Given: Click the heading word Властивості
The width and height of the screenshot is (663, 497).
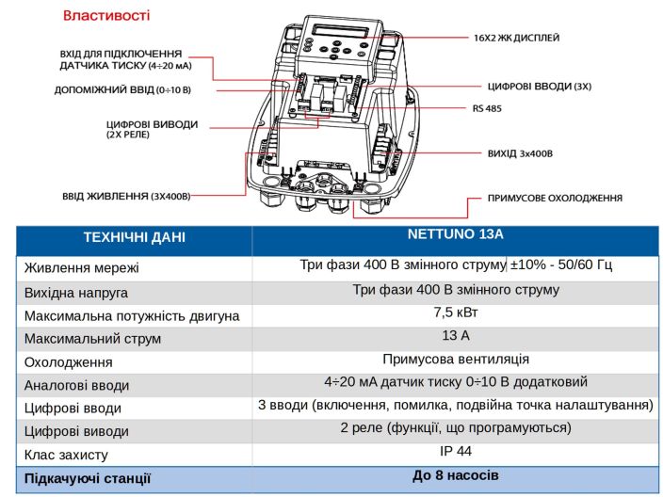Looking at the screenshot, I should pyautogui.click(x=106, y=16).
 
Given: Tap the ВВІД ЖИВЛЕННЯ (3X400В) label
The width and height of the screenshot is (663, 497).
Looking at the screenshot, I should pyautogui.click(x=126, y=196).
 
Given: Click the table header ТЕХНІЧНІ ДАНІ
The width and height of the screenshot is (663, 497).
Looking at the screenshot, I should pyautogui.click(x=134, y=236).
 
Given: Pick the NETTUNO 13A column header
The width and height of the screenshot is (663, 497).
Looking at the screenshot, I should pyautogui.click(x=456, y=233).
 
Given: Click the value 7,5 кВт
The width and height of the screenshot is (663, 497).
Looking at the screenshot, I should pyautogui.click(x=456, y=313).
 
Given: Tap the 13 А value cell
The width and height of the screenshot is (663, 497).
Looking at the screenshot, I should pyautogui.click(x=456, y=336).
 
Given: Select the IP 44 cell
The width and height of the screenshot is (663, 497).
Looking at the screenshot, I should pyautogui.click(x=456, y=451).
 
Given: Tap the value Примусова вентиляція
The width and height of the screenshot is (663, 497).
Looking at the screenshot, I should pyautogui.click(x=456, y=359).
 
